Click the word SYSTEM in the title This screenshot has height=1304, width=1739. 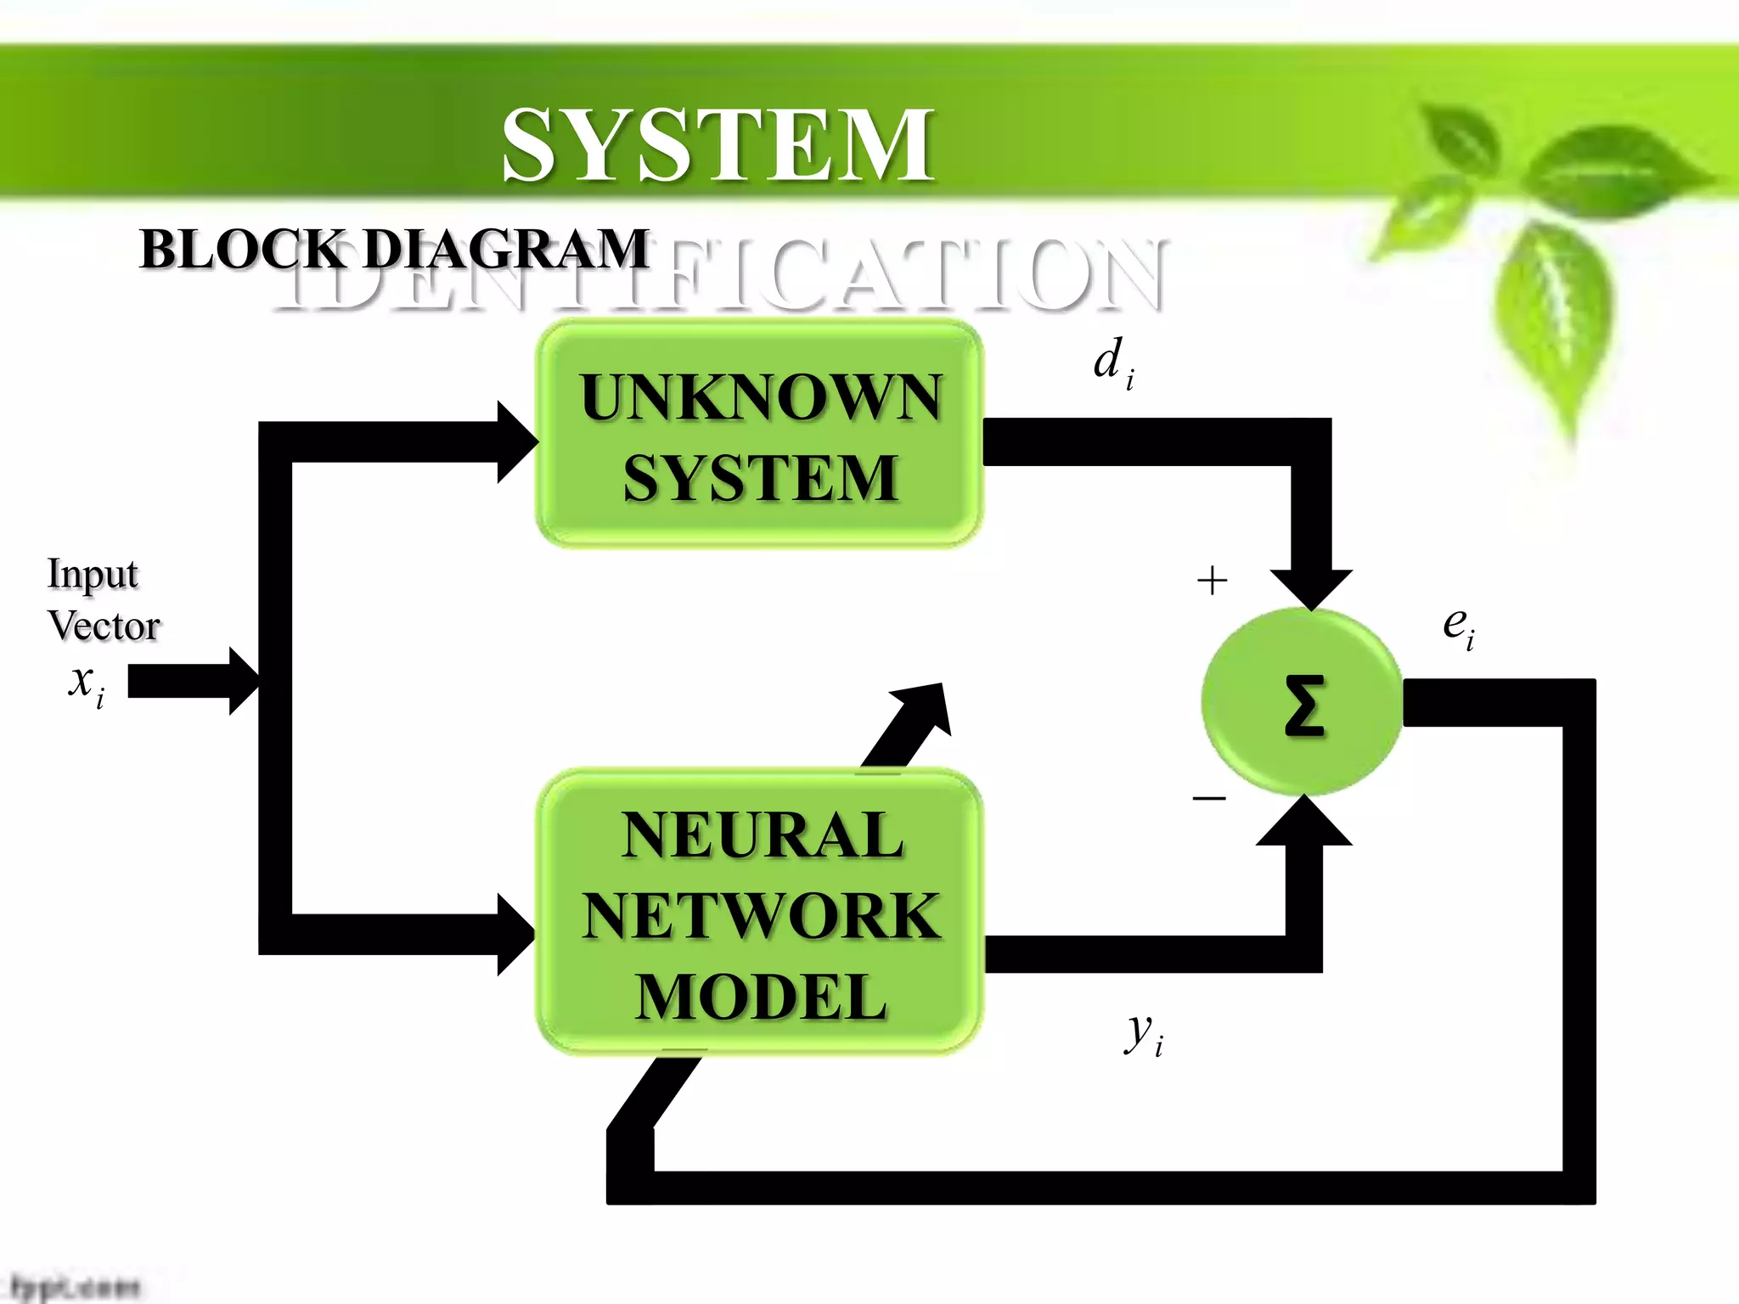pos(718,144)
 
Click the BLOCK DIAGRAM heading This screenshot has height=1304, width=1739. pos(394,250)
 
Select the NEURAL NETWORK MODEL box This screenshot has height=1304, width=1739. pos(759,913)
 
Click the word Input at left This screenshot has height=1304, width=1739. pos(92,574)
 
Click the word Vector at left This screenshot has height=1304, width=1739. pos(104,627)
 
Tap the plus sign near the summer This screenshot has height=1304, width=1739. pos(1212,582)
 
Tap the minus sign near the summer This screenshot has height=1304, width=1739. pos(1209,798)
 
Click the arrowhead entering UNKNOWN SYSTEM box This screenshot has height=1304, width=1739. pos(516,442)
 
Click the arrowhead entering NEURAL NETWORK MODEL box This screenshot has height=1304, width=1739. pos(515,934)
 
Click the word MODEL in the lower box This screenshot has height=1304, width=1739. pos(761,997)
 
